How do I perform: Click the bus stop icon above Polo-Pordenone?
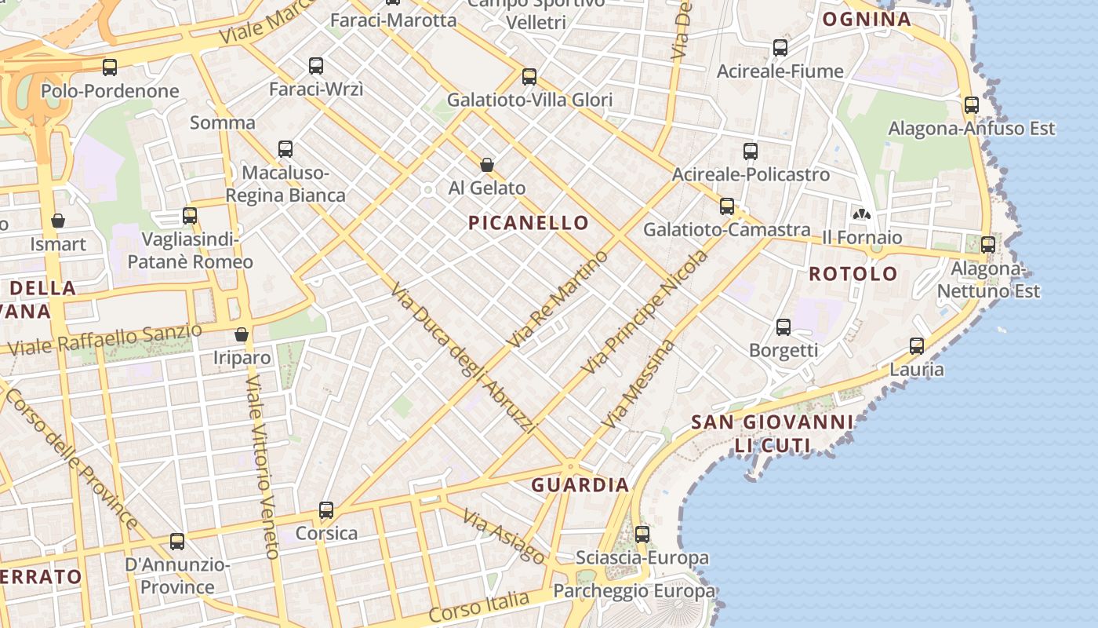click(110, 68)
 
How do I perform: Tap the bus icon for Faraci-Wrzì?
click(316, 66)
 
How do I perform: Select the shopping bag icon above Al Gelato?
click(487, 165)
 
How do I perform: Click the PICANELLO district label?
click(528, 223)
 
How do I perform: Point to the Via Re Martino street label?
click(558, 299)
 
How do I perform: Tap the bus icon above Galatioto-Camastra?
click(727, 206)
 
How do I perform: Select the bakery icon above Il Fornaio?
click(861, 214)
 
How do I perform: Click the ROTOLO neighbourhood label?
click(853, 274)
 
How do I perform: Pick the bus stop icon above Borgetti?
click(784, 327)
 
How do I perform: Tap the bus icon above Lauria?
click(917, 345)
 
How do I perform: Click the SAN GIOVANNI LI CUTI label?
click(772, 434)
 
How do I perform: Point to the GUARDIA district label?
click(580, 485)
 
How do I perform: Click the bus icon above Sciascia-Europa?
click(642, 535)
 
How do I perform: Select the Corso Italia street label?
click(478, 606)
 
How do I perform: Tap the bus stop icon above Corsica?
click(326, 510)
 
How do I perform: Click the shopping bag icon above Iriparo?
click(242, 334)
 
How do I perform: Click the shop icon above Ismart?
click(58, 221)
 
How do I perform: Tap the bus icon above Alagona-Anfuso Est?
click(972, 104)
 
